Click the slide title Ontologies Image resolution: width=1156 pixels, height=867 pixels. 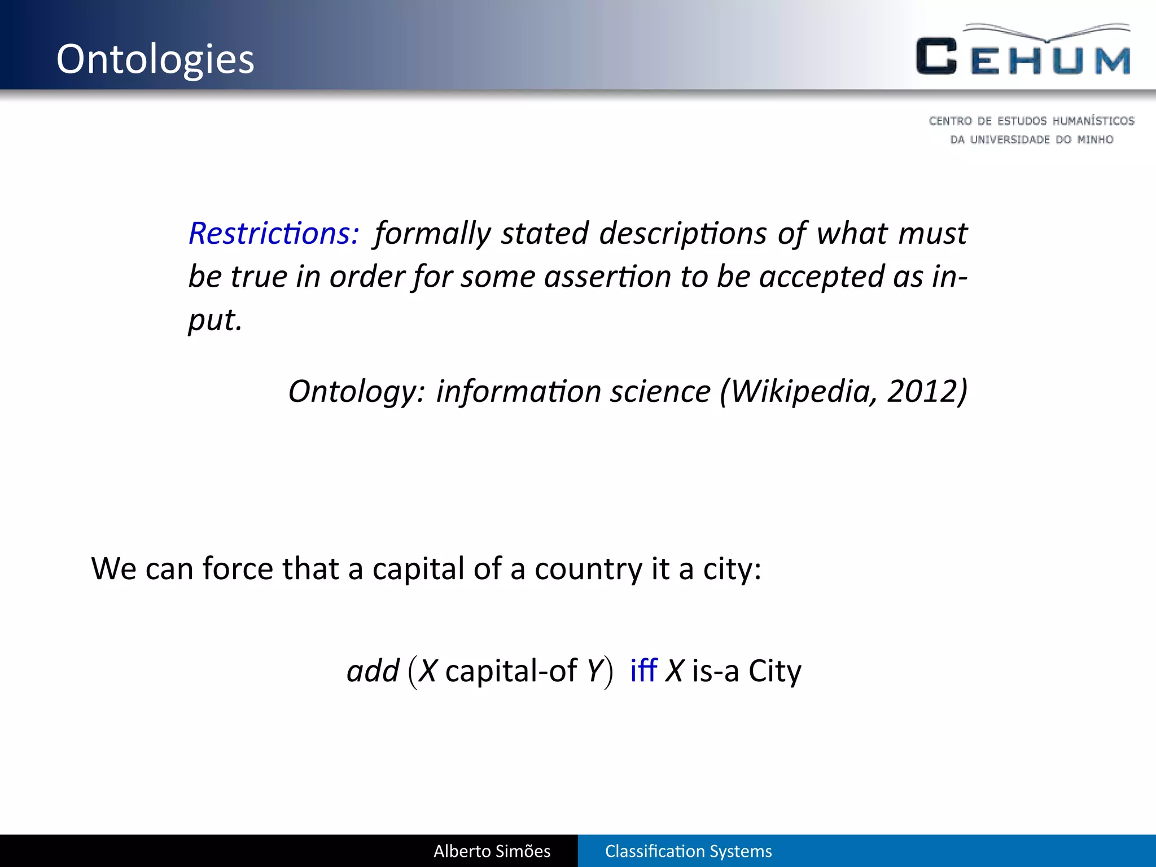click(x=155, y=59)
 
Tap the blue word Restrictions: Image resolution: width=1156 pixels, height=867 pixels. click(x=274, y=233)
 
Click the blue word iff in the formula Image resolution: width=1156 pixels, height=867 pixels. click(x=643, y=671)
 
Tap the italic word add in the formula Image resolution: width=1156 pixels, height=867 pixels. click(x=373, y=671)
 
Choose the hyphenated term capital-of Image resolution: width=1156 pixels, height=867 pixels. click(x=511, y=671)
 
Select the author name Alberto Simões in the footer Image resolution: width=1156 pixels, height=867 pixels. click(x=492, y=851)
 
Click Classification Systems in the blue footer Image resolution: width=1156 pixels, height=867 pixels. click(x=688, y=851)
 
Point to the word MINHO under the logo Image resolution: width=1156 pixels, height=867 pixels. click(x=1095, y=139)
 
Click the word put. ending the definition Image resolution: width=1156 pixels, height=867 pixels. click(x=215, y=321)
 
